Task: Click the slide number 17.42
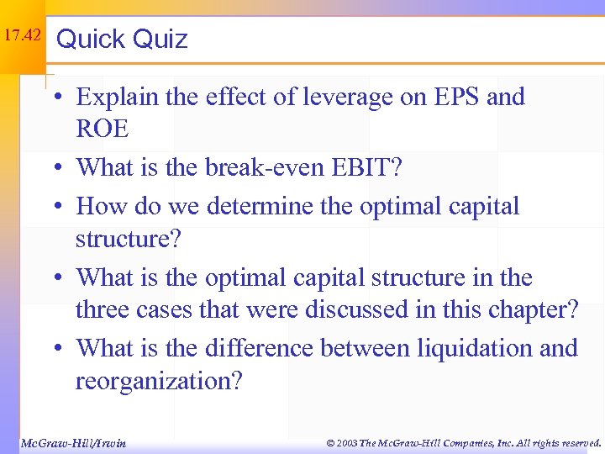(x=21, y=36)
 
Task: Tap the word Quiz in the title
(x=160, y=39)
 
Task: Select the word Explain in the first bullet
(x=115, y=98)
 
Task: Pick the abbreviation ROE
(x=102, y=129)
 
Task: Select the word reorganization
(x=158, y=381)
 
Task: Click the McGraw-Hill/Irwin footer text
(x=72, y=442)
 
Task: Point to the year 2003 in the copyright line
(x=345, y=442)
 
